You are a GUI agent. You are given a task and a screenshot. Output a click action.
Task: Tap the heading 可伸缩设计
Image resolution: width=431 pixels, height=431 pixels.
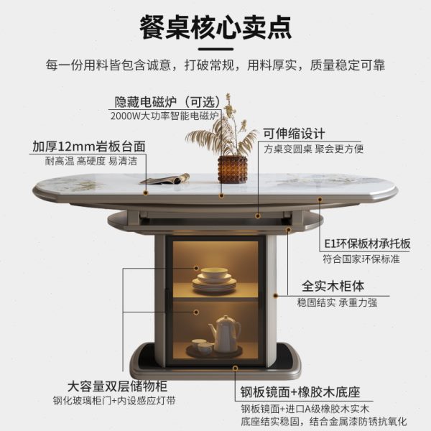click(x=294, y=134)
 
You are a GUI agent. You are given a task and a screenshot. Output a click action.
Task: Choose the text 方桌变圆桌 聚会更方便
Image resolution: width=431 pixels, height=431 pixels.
click(x=313, y=149)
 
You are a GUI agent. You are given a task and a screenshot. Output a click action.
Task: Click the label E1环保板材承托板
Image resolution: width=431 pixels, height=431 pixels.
click(x=367, y=244)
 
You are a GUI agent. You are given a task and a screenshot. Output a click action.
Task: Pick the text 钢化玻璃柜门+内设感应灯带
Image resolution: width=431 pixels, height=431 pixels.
click(x=114, y=401)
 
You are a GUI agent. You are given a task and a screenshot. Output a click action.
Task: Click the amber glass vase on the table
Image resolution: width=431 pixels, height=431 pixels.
click(x=232, y=169)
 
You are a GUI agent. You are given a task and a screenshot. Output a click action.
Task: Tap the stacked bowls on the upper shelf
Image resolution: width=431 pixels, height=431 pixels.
click(x=213, y=278)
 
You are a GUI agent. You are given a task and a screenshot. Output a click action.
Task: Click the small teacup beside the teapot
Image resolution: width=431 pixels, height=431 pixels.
click(x=205, y=348)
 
